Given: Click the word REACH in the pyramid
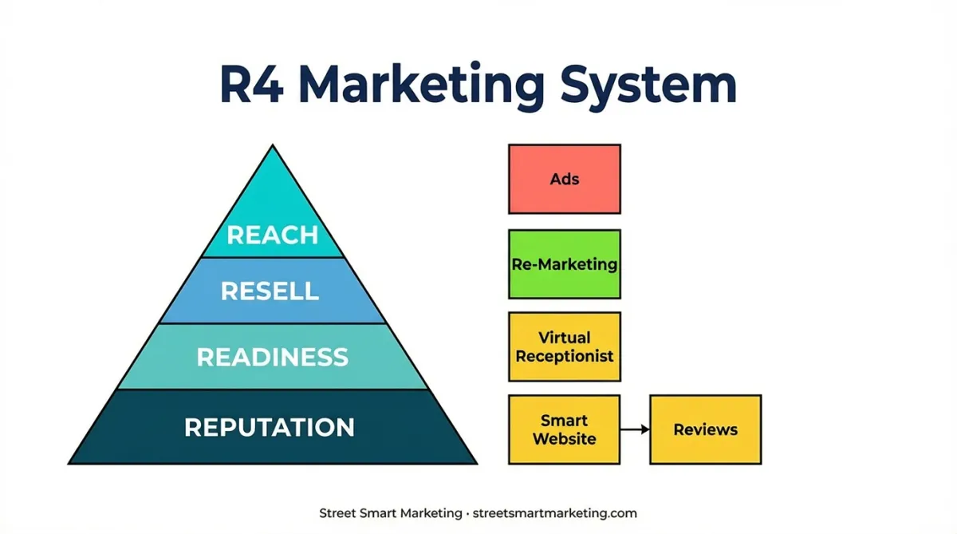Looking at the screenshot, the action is point(273,235).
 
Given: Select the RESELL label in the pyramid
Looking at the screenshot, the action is point(270,291).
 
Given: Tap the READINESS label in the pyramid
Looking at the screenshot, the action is point(273,357).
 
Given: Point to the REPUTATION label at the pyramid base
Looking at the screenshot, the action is point(270,427).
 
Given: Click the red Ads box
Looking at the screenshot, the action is point(565,179).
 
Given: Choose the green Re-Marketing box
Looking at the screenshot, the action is point(565,264).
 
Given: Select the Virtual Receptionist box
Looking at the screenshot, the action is point(565,346).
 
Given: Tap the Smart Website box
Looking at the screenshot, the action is point(565,429).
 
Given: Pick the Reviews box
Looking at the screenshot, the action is point(705,429).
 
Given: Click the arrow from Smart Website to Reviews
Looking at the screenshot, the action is point(635,429).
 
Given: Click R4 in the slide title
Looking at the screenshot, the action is point(252,85).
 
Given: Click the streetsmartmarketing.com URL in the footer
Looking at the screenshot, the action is point(554,513).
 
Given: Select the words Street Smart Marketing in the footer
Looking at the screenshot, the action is point(391,513).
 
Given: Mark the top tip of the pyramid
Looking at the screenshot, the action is point(273,145).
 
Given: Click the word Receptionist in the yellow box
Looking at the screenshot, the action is point(565,356).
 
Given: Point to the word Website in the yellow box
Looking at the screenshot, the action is point(565,439).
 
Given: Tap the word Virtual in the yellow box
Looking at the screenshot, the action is point(565,338).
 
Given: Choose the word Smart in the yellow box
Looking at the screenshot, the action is point(565,421).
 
